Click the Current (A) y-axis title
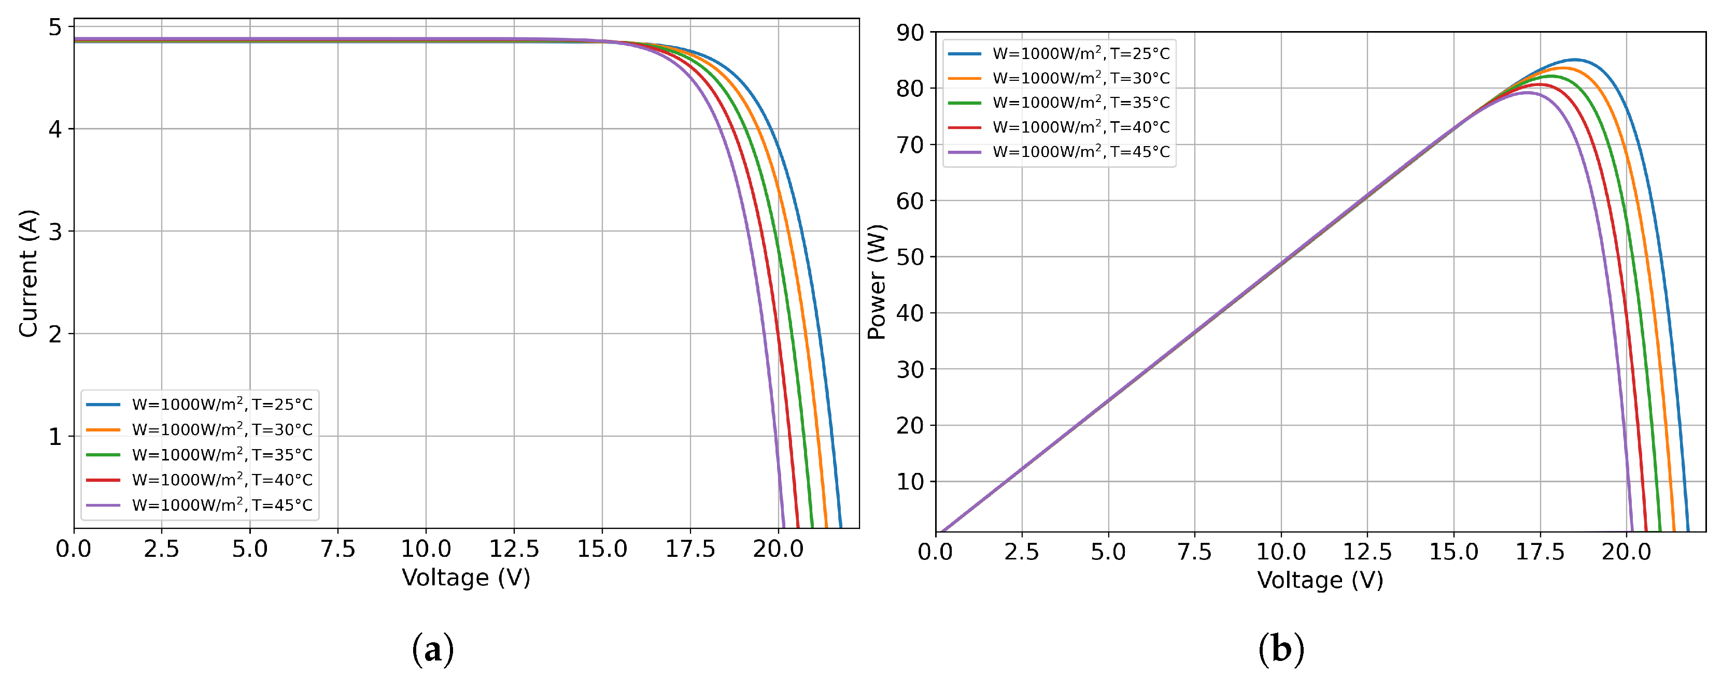[28, 273]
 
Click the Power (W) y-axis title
[877, 282]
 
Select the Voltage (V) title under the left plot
[466, 578]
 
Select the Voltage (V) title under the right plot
[1320, 580]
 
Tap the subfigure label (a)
[432, 649]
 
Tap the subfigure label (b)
[1281, 649]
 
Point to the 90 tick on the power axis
[910, 33]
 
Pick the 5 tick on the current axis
[55, 27]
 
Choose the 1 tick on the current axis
[55, 437]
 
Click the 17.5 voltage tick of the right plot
[1540, 552]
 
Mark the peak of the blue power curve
[1574, 60]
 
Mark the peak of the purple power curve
[1526, 93]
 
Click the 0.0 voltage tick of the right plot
[935, 552]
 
